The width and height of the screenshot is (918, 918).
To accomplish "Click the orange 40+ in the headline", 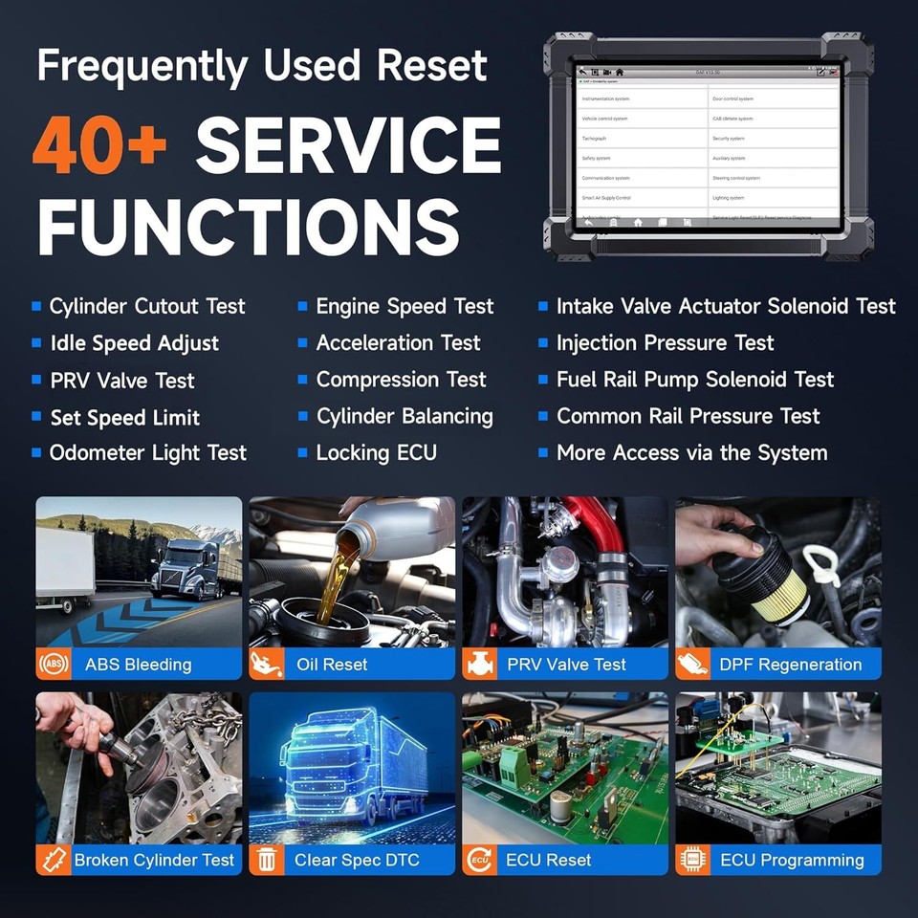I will [99, 146].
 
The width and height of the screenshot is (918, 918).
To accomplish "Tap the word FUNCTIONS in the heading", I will [248, 227].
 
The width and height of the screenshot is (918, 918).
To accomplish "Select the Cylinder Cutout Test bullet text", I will [147, 307].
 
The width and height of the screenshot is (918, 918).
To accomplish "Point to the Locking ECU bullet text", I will [376, 453].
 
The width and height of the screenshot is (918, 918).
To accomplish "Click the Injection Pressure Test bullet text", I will [665, 343].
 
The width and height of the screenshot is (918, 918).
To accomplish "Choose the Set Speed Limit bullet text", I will [125, 418].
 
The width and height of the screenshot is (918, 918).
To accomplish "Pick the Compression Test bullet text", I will [401, 381].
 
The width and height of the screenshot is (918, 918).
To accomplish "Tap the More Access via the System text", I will [691, 453].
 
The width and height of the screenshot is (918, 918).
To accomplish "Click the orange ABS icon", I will [54, 665].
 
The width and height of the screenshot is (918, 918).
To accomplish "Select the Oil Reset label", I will [332, 665].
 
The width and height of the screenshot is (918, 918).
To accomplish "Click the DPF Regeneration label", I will [791, 665].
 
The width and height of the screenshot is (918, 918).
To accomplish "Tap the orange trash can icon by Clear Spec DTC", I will [267, 860].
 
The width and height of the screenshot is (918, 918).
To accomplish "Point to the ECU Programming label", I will [792, 860].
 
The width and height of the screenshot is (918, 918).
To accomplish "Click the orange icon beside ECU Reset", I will [480, 860].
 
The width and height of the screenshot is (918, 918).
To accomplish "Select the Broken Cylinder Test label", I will [154, 860].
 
